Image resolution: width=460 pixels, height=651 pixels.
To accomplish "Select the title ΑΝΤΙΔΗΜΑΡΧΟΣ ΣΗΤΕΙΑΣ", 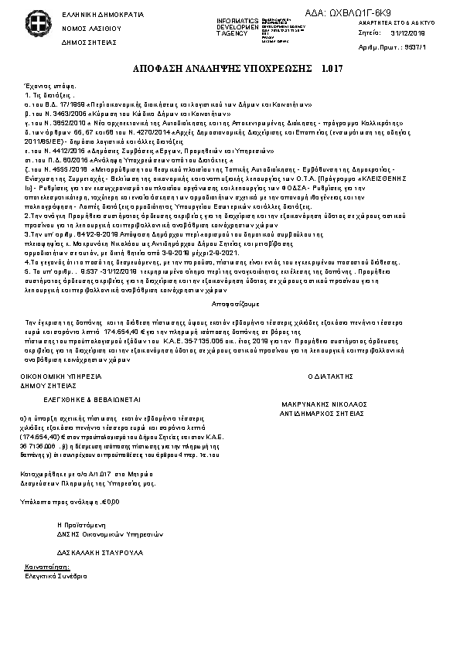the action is (x=323, y=414).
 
